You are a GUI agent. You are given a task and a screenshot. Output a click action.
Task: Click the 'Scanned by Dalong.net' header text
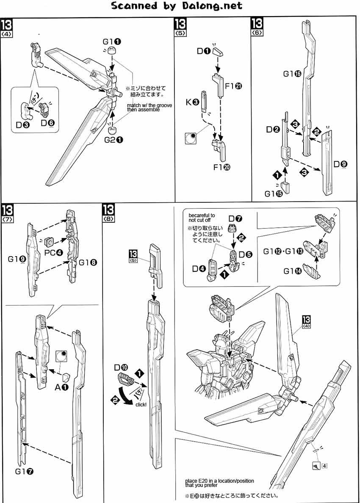[x=177, y=6]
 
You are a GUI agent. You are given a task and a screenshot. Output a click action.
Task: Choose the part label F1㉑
[x=233, y=86]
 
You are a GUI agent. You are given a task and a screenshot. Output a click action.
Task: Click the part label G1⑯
[x=292, y=74]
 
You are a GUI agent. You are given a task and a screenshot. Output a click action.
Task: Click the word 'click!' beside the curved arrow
[x=141, y=405]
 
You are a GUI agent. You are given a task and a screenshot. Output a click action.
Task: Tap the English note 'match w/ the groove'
[x=150, y=105]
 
